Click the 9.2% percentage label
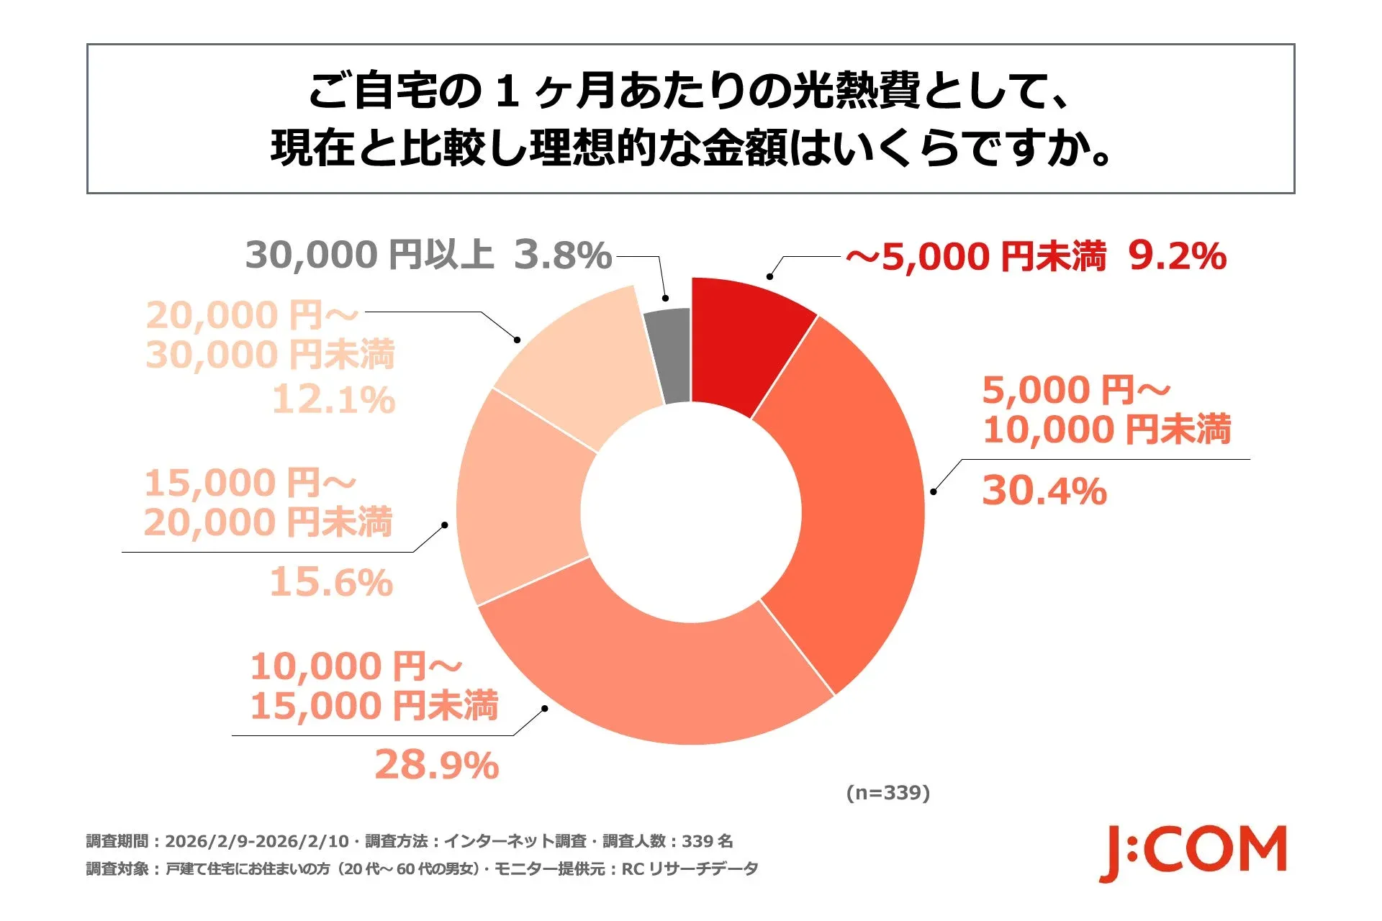(1176, 256)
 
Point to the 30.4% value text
(1044, 491)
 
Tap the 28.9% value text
(436, 765)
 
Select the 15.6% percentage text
(331, 582)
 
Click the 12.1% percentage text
(333, 399)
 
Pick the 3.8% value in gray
(562, 255)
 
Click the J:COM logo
(1193, 853)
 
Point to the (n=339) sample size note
(888, 793)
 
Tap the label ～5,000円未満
(976, 257)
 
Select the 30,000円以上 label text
(369, 255)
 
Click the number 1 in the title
(508, 93)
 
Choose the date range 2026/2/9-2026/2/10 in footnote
(257, 841)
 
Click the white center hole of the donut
(691, 512)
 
